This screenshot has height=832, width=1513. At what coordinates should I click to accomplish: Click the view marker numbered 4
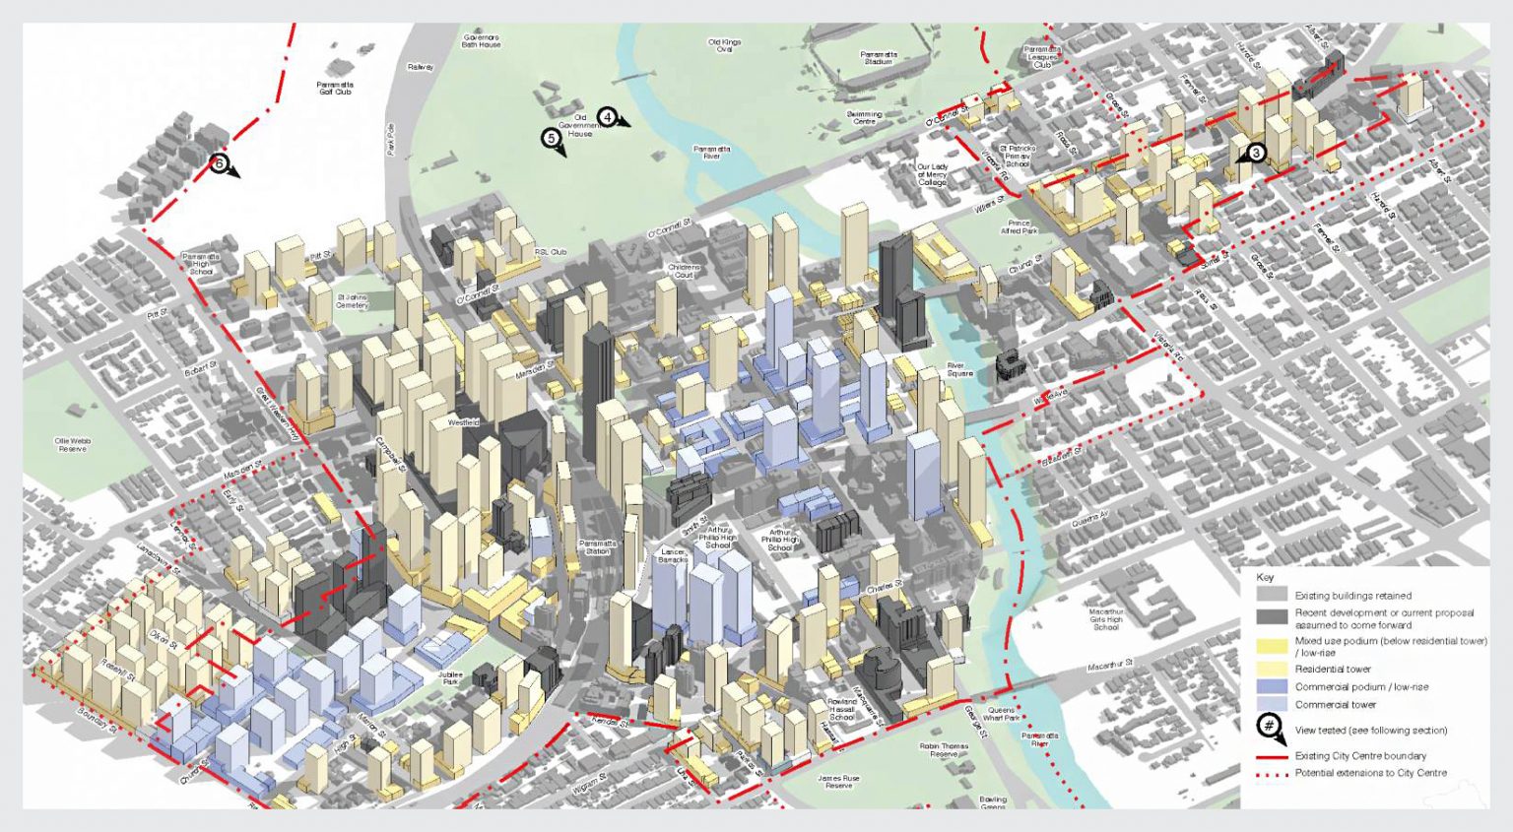(x=608, y=117)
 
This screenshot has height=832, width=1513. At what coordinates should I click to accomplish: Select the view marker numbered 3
(x=1255, y=153)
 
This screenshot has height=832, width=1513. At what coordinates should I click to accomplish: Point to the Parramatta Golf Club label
(x=335, y=89)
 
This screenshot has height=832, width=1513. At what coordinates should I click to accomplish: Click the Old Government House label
(x=579, y=125)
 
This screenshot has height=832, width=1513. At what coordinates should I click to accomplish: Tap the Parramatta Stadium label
(x=879, y=58)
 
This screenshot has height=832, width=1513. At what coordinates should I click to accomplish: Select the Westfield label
(x=463, y=422)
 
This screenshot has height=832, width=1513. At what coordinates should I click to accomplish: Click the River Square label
(x=959, y=369)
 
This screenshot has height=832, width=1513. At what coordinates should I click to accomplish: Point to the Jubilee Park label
(x=450, y=678)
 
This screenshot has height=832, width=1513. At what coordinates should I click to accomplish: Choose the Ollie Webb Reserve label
(x=73, y=445)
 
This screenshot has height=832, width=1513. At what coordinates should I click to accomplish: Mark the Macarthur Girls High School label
(x=1105, y=619)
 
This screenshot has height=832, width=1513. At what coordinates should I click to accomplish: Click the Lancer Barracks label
(x=673, y=555)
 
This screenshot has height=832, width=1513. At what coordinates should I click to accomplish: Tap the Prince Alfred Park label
(x=1020, y=226)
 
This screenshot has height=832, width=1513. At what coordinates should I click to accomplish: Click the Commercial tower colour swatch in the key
(x=1272, y=704)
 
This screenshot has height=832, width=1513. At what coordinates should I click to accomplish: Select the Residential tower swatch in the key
(x=1272, y=669)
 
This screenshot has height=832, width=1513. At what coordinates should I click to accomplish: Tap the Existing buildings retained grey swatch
(x=1272, y=595)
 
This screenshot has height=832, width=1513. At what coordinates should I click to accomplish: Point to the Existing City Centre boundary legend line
(x=1272, y=756)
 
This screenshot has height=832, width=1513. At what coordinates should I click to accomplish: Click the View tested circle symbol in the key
(x=1270, y=728)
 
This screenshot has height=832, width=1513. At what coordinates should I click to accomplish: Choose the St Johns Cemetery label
(x=352, y=301)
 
